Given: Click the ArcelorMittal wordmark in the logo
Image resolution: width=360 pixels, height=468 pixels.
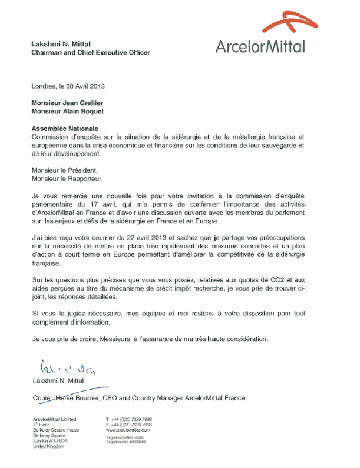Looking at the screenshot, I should coord(260,46).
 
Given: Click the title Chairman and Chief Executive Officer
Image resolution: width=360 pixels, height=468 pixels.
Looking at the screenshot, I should coord(91,52).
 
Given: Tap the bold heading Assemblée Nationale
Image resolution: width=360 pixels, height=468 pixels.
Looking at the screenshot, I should coord(65,128).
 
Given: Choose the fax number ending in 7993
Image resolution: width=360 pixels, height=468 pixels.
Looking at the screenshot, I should coord(130,424).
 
